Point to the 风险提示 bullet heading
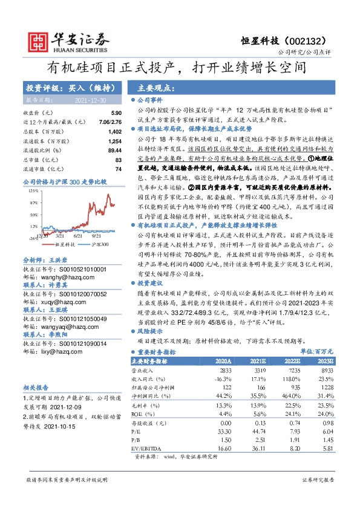[151, 331]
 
